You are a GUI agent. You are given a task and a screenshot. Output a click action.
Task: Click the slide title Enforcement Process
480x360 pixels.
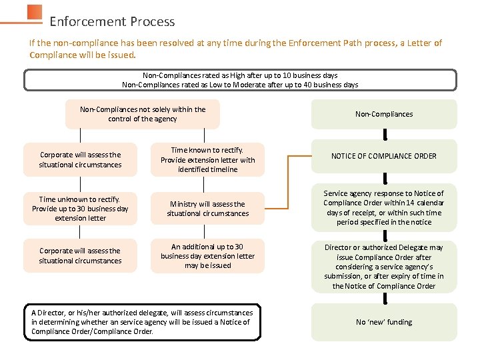click(112, 21)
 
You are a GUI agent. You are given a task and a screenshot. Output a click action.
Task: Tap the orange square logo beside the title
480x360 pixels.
click(35, 13)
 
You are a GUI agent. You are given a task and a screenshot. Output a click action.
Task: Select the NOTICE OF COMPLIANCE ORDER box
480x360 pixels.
click(384, 156)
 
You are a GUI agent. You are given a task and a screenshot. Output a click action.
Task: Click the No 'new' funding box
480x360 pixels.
click(384, 322)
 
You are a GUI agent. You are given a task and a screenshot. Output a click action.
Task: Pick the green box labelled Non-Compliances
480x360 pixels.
click(384, 114)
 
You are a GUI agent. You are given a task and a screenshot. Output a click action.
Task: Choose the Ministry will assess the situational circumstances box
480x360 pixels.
click(207, 209)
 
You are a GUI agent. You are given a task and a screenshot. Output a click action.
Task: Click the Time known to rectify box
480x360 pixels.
click(207, 160)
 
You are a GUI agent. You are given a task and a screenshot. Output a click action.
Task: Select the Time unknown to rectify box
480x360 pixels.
click(80, 209)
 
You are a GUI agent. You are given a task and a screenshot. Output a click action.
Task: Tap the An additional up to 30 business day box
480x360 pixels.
click(207, 256)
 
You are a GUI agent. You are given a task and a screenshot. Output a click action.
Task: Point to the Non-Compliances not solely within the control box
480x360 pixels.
click(143, 114)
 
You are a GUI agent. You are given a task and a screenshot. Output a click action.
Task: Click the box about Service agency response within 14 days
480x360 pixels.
click(384, 208)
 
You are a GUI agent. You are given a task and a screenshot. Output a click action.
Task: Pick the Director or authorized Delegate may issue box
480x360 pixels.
click(384, 266)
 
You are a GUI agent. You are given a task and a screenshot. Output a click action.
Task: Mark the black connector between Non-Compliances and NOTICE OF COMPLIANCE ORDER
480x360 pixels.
click(385, 134)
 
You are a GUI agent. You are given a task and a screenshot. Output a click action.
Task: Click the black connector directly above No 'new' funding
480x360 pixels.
click(385, 297)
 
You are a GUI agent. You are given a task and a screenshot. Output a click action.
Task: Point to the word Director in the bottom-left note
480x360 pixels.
click(52, 313)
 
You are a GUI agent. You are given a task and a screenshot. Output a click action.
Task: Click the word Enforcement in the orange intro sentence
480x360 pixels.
click(313, 43)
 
